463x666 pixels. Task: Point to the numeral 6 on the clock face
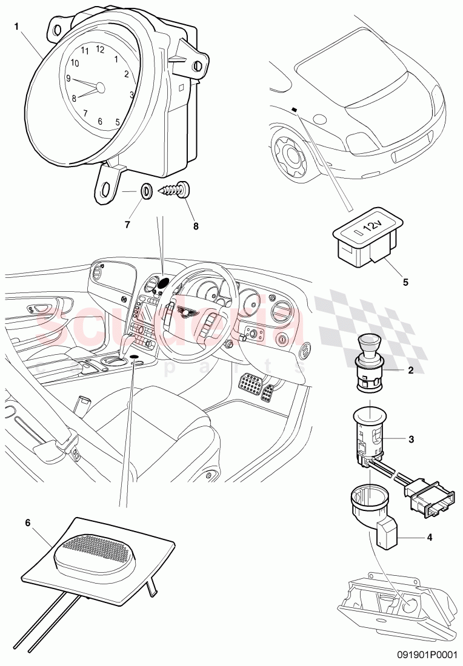(100, 121)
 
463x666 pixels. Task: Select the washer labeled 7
(146, 191)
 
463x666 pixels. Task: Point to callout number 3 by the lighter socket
(410, 440)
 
